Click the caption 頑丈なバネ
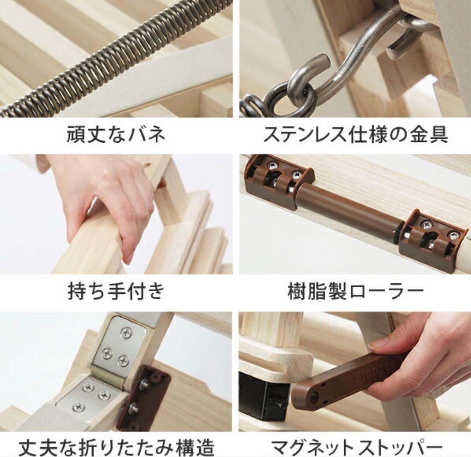pos(116,135)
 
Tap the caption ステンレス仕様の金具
pos(355,135)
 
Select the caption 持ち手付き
pos(116,291)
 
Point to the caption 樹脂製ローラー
pos(355,292)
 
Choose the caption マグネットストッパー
pos(355,447)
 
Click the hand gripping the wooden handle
pos(109,201)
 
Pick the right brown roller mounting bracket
pos(432,240)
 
